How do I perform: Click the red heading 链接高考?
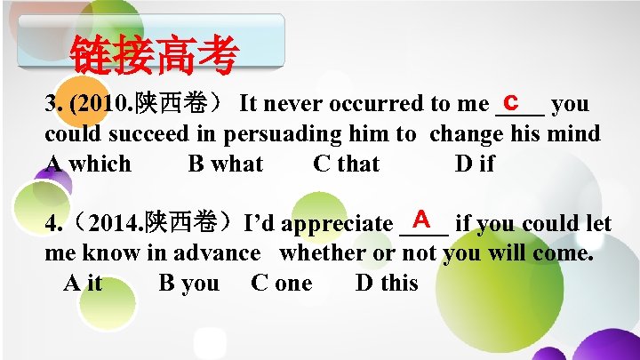point(154,56)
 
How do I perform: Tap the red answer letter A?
point(422,218)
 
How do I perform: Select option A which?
point(88,164)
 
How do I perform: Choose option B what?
point(226,164)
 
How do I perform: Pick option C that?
point(346,164)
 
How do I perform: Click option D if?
point(475,164)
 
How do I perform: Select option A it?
point(83,284)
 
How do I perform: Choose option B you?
point(188,284)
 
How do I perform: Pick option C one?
point(282,284)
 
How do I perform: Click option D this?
point(387,284)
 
